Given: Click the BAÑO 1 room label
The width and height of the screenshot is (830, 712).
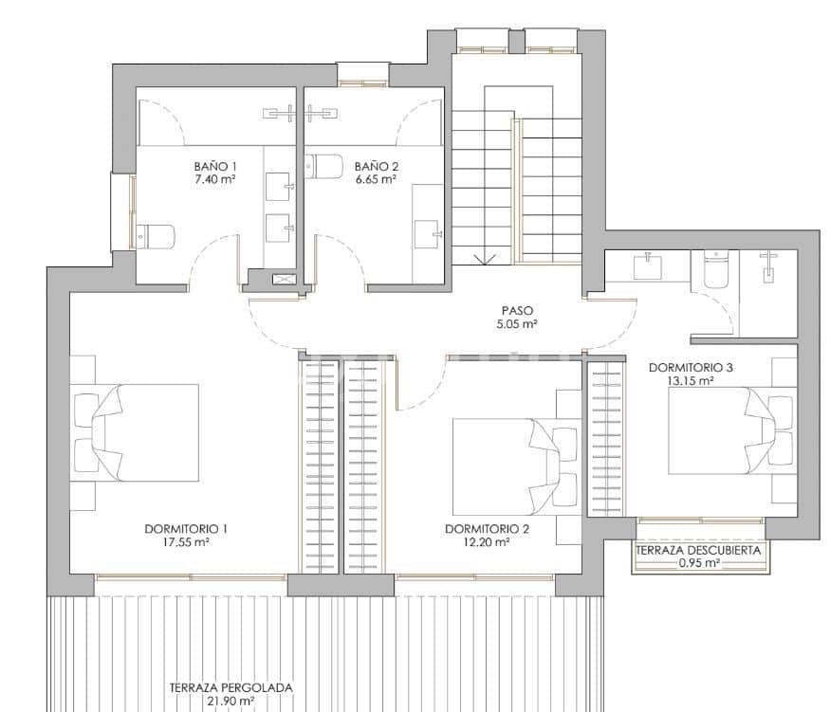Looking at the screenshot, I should tap(214, 166).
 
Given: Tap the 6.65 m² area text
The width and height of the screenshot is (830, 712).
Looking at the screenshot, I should tap(375, 178).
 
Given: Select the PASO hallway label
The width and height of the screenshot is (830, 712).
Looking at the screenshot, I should tap(518, 310).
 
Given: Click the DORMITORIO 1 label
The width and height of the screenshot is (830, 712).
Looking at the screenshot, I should tap(187, 529).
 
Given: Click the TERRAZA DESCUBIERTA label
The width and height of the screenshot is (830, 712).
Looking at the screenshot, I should tap(699, 550).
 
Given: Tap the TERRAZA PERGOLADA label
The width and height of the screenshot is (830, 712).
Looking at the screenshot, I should tap(231, 688).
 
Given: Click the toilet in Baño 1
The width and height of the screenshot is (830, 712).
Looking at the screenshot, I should tap(157, 234).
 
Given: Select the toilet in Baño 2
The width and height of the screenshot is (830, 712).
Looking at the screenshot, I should tap(325, 166).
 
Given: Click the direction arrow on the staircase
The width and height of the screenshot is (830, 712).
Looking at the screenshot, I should tap(483, 257).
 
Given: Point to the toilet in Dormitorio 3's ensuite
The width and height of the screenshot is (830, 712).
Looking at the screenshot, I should tap(715, 270).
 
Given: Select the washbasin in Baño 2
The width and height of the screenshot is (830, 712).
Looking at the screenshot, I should tap(426, 230).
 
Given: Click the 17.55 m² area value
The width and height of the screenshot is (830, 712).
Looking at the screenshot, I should tap(187, 543).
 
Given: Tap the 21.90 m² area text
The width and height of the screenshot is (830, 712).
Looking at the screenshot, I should tap(231, 702).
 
